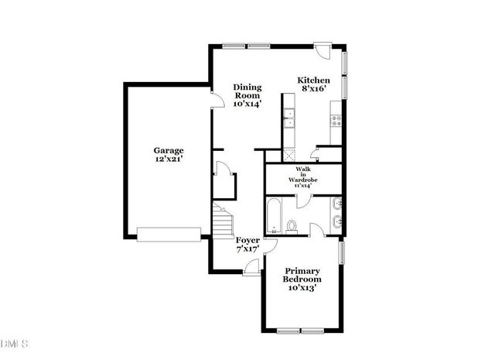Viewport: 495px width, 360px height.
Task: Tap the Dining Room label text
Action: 247,94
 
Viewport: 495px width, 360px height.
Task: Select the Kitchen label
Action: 315,81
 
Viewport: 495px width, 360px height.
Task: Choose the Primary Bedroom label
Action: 302,279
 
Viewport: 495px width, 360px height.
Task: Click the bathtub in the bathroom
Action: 274,216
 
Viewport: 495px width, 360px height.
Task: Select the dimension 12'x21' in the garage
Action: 168,159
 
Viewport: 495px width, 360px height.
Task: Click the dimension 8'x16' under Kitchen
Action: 315,90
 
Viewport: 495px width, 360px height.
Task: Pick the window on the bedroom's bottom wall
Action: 302,331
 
